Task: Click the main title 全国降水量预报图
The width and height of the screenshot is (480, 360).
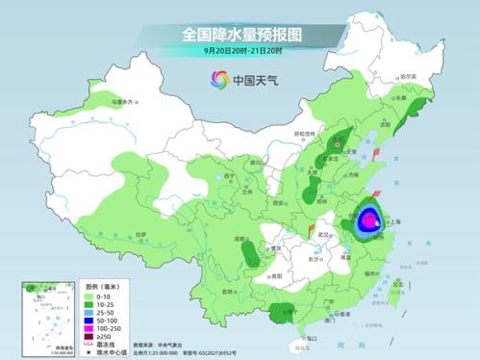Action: (240, 34)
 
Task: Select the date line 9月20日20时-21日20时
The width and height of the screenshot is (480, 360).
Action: (240, 50)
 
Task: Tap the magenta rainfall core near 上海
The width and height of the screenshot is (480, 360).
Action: (369, 221)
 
